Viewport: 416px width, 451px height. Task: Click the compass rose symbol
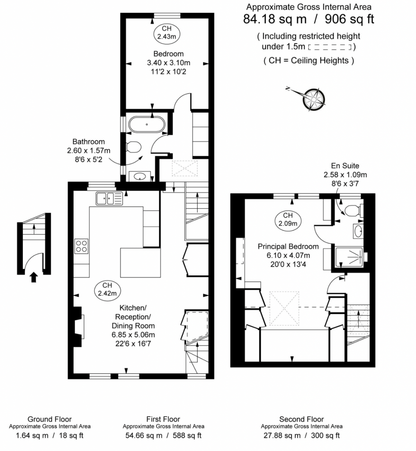(314, 100)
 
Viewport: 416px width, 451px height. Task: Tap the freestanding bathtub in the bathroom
(147, 124)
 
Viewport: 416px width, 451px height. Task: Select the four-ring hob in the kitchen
(81, 246)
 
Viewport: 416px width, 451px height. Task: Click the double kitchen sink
(109, 199)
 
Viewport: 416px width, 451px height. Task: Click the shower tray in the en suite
(349, 257)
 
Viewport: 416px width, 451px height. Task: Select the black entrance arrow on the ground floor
(34, 277)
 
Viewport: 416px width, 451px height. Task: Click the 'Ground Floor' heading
(49, 419)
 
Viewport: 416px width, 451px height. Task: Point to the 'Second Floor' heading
(301, 419)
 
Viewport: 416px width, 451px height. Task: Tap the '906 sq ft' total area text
(349, 19)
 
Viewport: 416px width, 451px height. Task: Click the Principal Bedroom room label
(288, 247)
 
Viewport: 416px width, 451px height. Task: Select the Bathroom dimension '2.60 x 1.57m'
(89, 151)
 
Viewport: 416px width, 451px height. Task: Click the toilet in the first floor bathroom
(134, 147)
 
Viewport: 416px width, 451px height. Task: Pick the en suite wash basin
(358, 231)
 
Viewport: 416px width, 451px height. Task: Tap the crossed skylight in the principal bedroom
(284, 308)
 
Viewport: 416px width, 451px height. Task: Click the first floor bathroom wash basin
(140, 176)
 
